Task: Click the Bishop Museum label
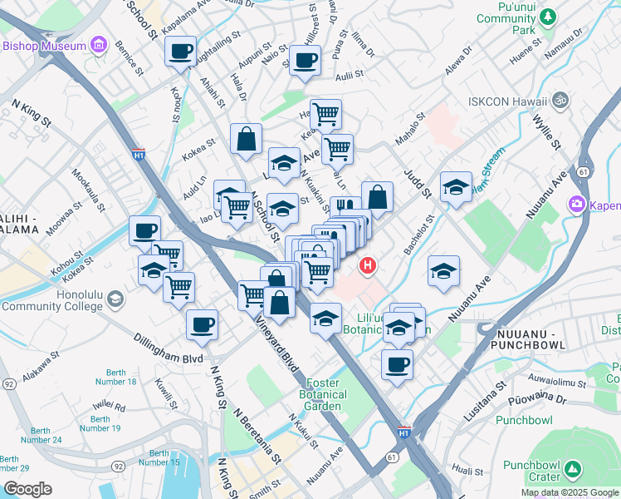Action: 43,45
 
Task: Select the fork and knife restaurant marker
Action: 345,208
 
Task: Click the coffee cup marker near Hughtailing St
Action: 180,52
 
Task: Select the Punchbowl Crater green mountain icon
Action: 572,471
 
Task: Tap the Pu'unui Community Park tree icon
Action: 548,17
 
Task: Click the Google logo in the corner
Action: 27,489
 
